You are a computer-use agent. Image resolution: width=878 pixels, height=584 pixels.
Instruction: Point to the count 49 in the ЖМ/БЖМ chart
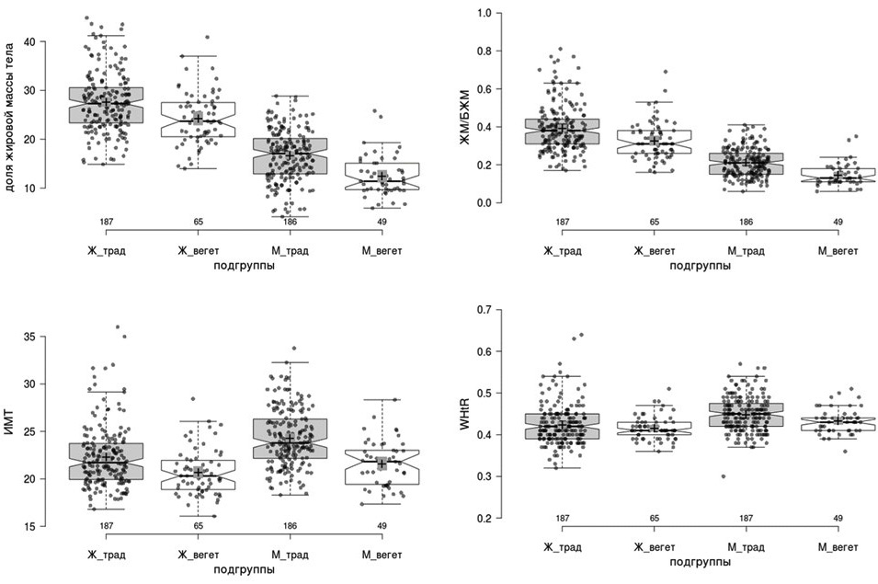[x=838, y=222]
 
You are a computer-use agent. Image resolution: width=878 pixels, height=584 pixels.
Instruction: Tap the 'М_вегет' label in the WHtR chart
[x=838, y=547]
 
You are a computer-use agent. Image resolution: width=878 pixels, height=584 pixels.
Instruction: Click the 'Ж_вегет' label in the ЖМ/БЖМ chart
[x=654, y=249]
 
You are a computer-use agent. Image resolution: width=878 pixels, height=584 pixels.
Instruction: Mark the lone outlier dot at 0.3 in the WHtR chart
[x=724, y=476]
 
